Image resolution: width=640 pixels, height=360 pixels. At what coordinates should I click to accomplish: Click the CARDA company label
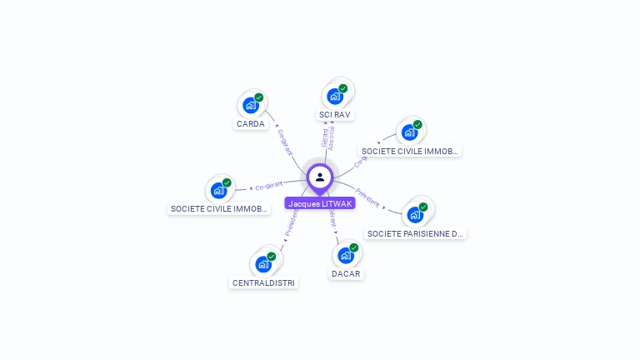tap(250, 124)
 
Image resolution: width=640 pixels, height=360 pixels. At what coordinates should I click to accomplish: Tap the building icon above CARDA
tap(249, 105)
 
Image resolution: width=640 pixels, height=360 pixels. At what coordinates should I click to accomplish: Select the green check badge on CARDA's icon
tap(259, 97)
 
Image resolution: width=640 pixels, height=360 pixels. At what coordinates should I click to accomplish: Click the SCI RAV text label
tap(335, 114)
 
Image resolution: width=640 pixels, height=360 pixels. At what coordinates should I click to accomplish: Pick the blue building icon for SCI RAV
tap(334, 96)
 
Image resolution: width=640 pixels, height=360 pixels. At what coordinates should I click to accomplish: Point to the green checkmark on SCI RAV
tap(343, 88)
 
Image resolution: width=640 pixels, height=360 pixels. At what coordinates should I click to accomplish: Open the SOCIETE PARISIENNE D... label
tap(415, 234)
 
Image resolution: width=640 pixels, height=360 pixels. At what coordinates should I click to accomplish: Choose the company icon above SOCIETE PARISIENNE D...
tap(414, 215)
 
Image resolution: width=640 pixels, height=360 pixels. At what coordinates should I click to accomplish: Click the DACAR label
tap(346, 273)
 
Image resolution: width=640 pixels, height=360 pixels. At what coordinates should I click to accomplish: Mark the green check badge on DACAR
tap(354, 247)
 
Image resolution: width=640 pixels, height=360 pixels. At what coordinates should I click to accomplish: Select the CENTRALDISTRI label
tap(263, 282)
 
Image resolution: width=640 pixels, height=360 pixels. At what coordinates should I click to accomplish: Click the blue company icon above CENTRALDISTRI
tap(262, 264)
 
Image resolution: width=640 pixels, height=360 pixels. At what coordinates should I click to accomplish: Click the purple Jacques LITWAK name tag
tap(320, 203)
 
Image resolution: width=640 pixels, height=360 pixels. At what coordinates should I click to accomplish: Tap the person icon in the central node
tap(320, 177)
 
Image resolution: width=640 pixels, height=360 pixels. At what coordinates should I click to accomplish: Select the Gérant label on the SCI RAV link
tap(324, 137)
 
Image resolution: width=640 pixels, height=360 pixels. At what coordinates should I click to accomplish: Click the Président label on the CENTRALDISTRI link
tap(291, 223)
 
